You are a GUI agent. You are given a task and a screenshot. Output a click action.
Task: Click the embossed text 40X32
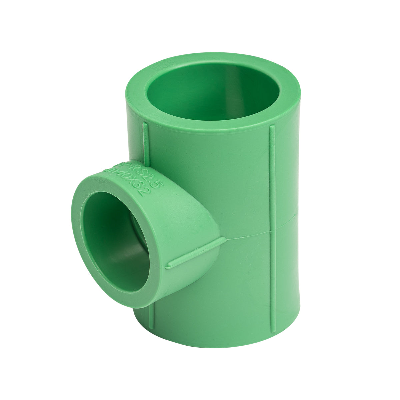133,182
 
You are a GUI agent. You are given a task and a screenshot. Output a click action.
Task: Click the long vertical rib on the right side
272,227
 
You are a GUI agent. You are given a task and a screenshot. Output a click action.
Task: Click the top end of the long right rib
272,127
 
